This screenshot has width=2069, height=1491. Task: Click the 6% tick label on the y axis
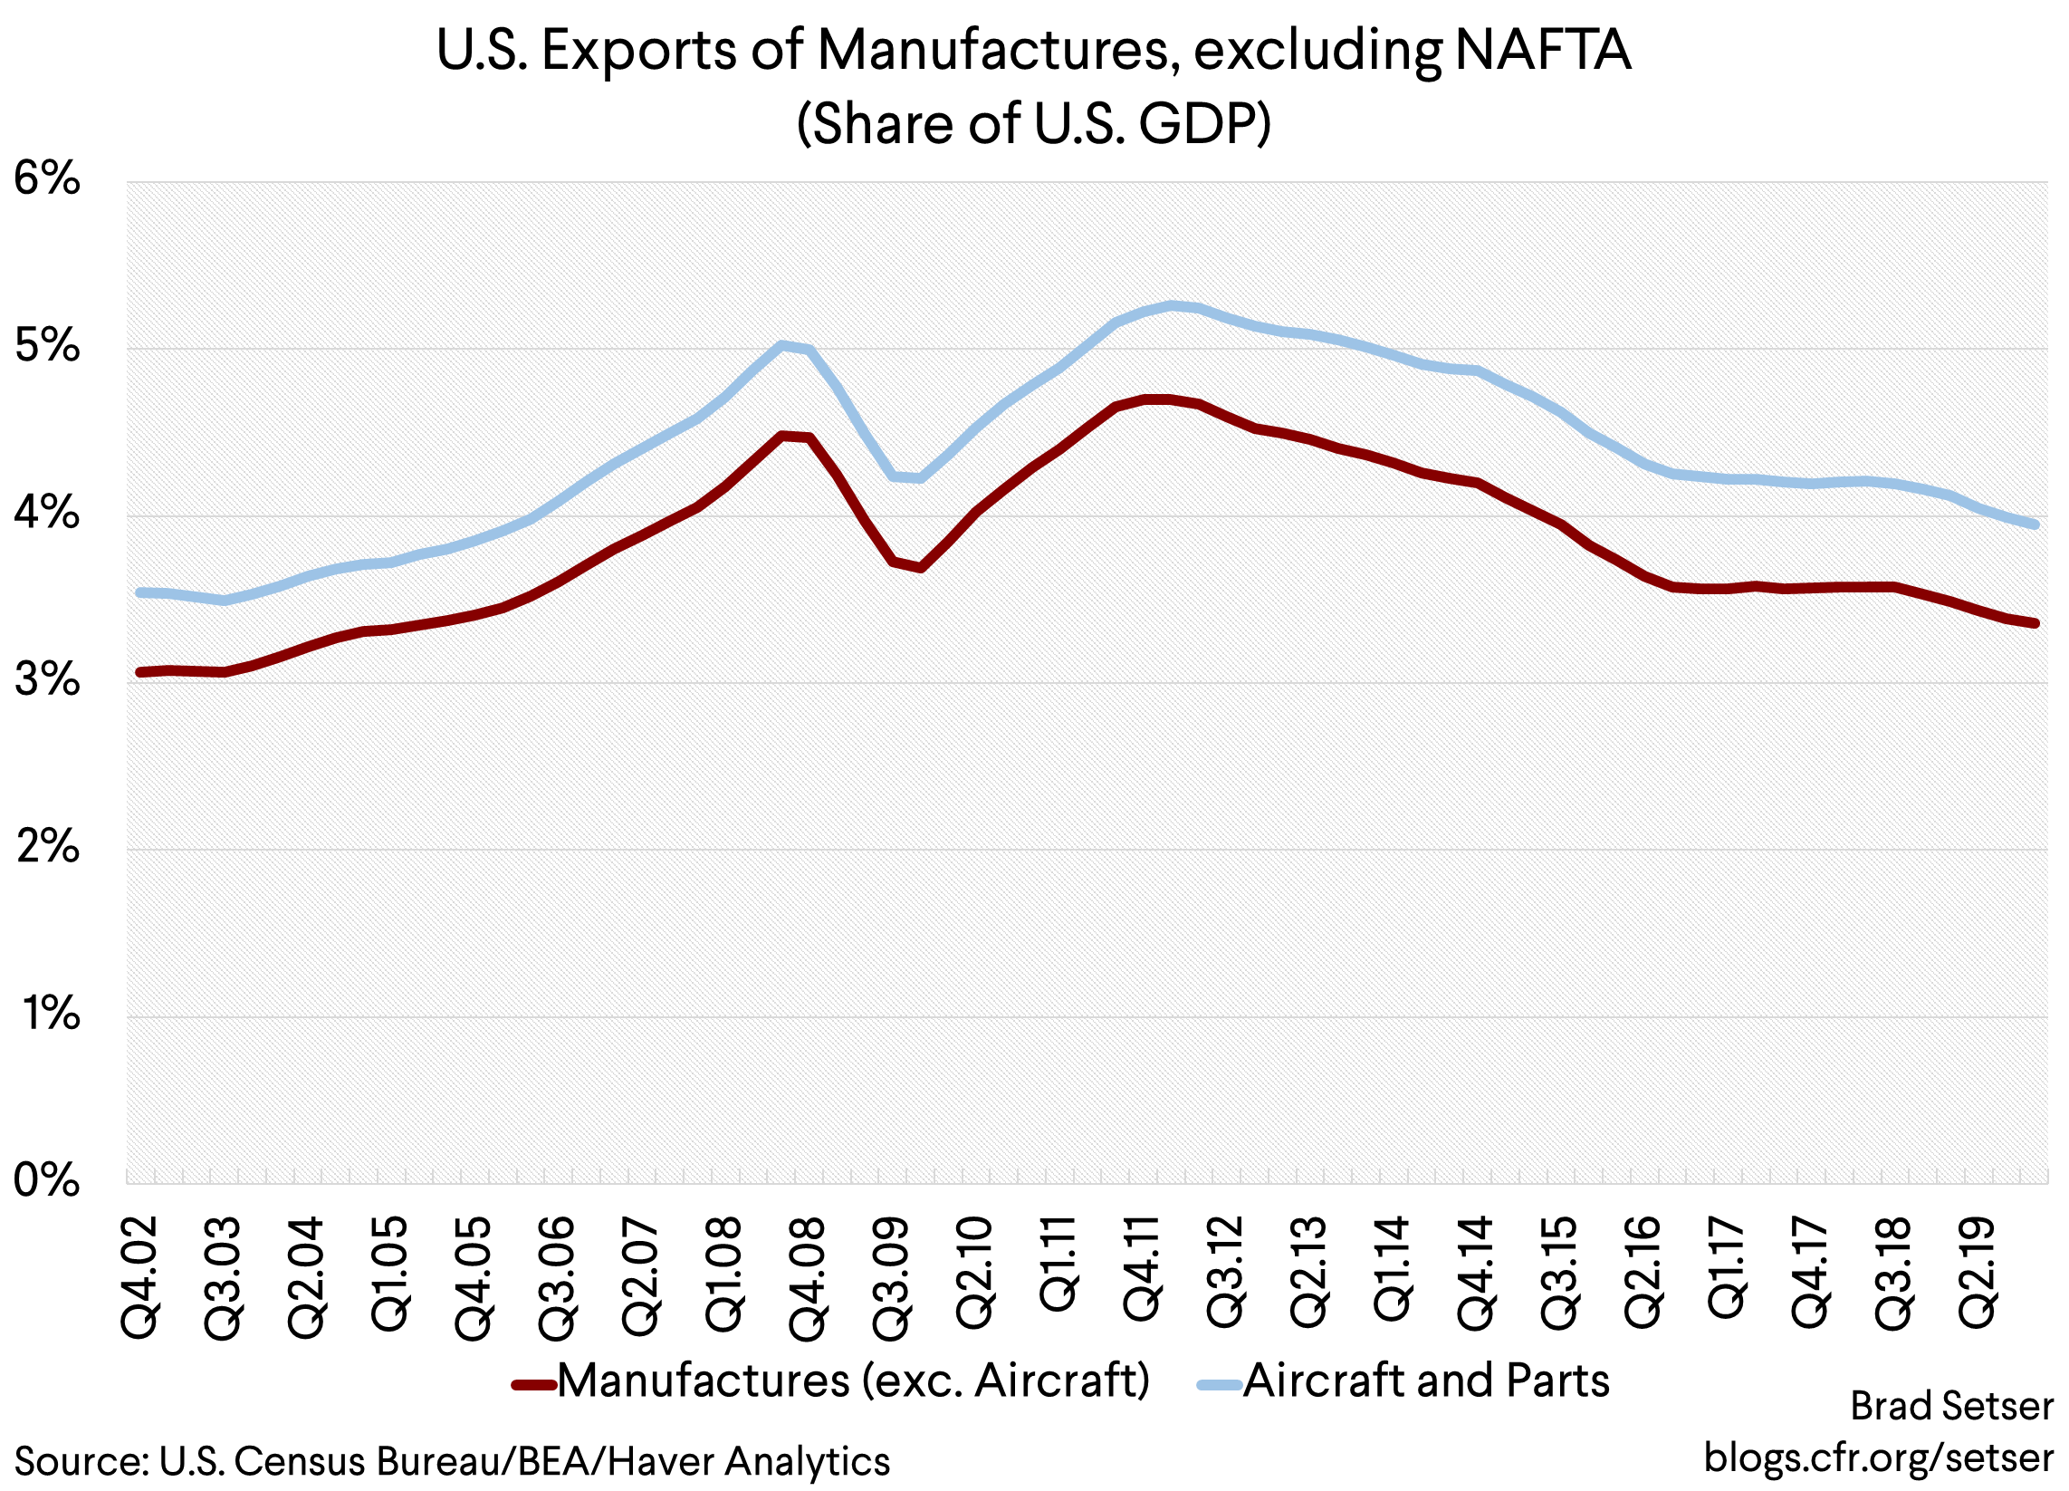47,178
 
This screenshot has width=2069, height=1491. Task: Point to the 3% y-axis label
47,679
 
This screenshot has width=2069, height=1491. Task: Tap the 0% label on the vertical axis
47,1181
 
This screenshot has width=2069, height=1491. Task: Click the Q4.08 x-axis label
809,1277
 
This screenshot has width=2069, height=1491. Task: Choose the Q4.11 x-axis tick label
1142,1268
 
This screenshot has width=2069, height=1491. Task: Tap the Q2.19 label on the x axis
1978,1272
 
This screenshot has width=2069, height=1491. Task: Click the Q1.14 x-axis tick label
1393,1268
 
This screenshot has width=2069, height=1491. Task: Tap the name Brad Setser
1951,1406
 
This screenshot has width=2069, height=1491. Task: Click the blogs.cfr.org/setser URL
1878,1457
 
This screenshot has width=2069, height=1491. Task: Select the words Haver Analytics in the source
748,1462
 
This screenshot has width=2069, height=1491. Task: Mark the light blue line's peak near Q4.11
1172,305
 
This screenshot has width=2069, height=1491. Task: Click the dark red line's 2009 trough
921,568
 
